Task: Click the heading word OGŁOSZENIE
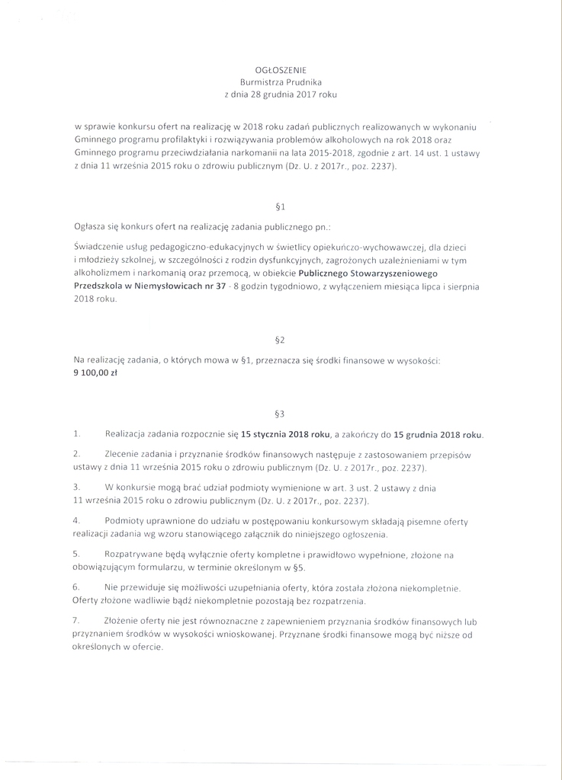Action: [281, 69]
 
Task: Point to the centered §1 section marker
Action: [280, 206]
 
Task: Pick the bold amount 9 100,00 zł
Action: [96, 373]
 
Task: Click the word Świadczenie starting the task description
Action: [99, 247]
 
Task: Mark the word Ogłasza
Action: [90, 226]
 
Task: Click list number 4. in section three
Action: [77, 520]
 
